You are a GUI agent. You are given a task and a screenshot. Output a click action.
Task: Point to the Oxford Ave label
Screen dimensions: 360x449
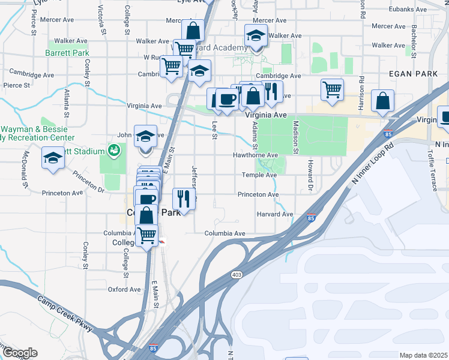[x=124, y=289]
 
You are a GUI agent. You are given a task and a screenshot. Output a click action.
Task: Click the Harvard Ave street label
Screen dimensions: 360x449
[x=275, y=214]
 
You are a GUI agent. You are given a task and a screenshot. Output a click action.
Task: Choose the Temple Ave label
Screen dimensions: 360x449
[x=259, y=175]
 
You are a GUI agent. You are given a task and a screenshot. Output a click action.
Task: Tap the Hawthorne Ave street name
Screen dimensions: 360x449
[x=256, y=155]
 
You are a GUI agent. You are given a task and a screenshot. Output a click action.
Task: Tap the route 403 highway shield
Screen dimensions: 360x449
[x=237, y=274]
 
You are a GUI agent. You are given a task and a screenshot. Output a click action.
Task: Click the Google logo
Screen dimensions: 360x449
[x=20, y=353]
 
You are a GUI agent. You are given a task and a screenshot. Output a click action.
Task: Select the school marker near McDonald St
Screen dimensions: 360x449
[x=53, y=158]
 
